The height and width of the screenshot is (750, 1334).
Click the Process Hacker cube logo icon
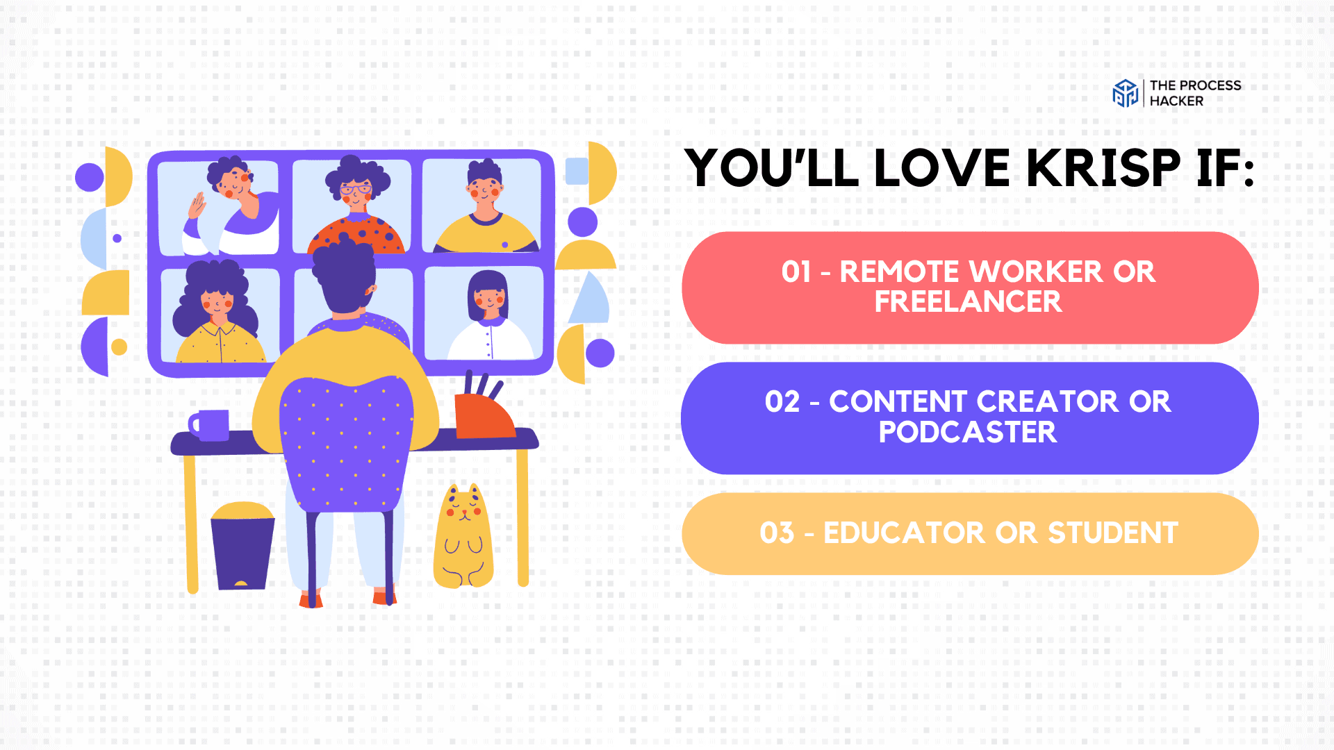(x=1126, y=93)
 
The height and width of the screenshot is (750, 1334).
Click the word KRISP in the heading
(x=1103, y=168)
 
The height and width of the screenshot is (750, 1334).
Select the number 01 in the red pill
(x=796, y=272)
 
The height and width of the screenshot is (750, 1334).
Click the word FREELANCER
(x=969, y=302)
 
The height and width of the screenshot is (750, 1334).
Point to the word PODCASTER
(x=968, y=433)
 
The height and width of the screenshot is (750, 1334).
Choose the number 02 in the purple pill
(x=782, y=402)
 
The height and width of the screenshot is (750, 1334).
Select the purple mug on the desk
(x=209, y=425)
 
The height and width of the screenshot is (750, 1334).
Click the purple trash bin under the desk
(x=242, y=546)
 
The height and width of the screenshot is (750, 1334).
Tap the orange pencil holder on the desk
(x=484, y=410)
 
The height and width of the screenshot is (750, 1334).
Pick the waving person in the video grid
(x=231, y=206)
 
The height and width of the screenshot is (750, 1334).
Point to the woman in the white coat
(x=489, y=316)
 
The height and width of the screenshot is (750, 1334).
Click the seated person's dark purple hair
(x=343, y=276)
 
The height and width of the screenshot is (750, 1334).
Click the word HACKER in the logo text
(x=1176, y=101)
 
